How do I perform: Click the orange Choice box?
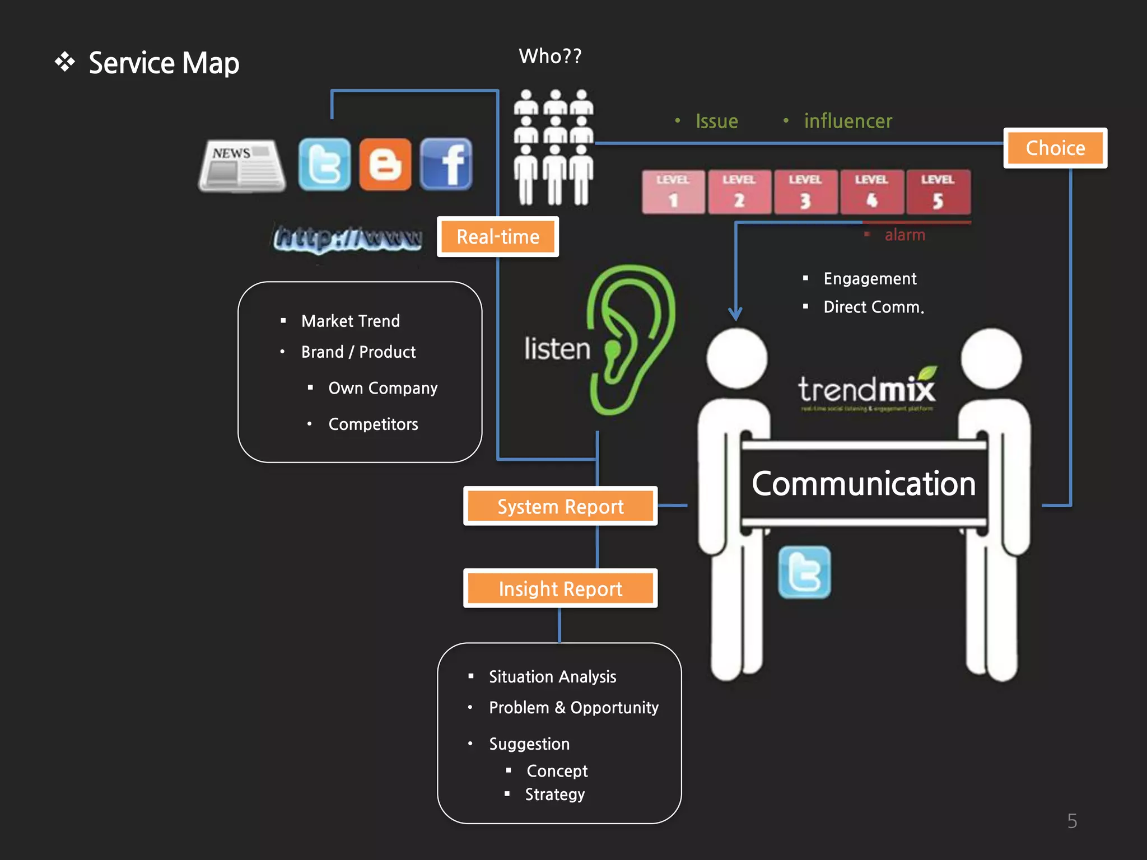[1055, 148]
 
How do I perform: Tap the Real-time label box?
[498, 236]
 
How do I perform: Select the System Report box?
[560, 506]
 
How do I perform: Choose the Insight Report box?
[560, 588]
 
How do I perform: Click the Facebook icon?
[446, 165]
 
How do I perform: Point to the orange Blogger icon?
[385, 165]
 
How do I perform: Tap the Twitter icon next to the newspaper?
[324, 165]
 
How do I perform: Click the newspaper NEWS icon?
[242, 166]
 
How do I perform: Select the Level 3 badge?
[805, 192]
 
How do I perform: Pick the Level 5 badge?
[938, 192]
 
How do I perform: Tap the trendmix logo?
[866, 389]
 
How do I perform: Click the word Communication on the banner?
[864, 484]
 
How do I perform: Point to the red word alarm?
[904, 235]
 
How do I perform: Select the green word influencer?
[848, 121]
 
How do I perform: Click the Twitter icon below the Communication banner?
[804, 572]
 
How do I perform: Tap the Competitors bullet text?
[373, 424]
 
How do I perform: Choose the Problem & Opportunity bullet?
[573, 707]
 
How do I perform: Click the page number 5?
[1072, 821]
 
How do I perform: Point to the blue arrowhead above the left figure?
[735, 313]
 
